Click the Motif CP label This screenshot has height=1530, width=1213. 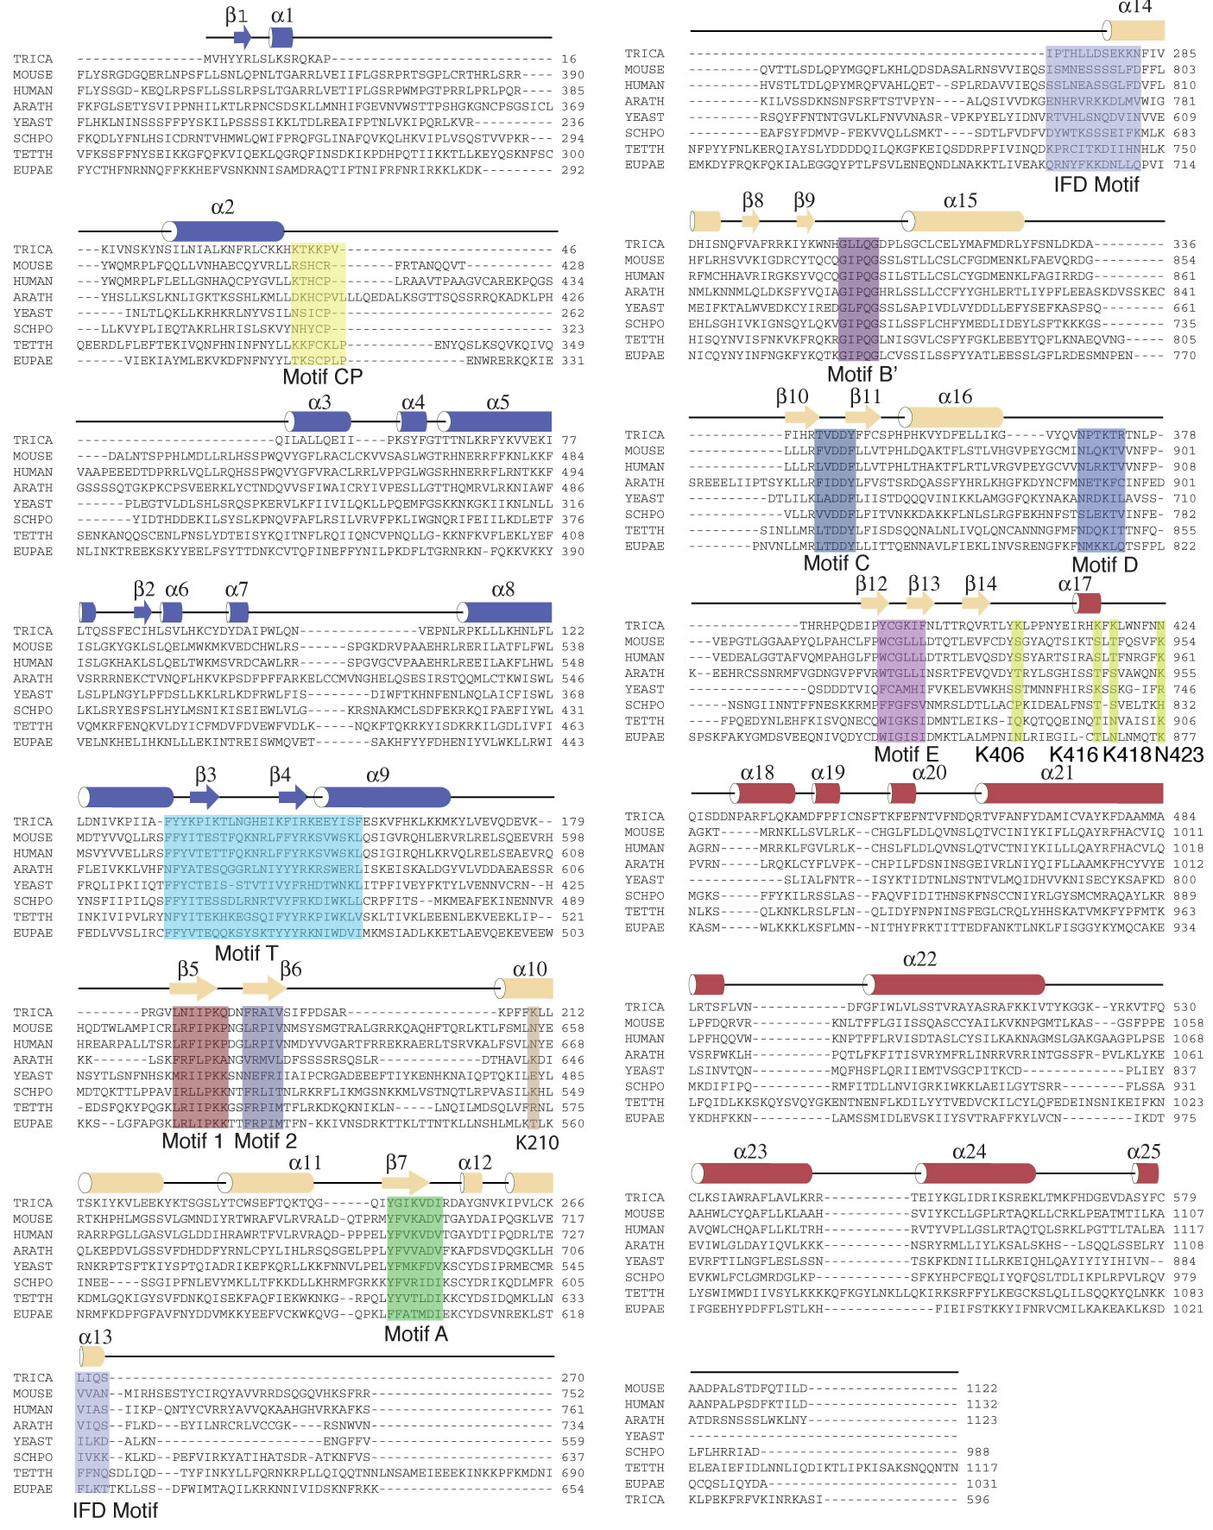pos(322,377)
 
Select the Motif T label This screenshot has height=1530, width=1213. pos(246,953)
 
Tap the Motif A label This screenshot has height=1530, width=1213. pos(415,1334)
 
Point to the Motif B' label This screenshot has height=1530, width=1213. pos(862,374)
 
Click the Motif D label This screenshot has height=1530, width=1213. pos(1104,565)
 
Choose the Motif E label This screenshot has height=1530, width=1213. pos(906,755)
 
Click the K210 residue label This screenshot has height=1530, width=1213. pos(537,1143)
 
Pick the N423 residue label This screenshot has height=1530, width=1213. pos(1178,755)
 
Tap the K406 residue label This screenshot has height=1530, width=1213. pos(999,755)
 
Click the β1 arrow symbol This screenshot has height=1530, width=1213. pos(242,37)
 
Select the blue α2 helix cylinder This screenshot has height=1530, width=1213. pos(224,231)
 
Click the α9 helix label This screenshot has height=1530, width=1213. pos(377,775)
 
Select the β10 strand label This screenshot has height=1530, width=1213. pos(792,396)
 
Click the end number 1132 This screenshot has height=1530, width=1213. pos(982,1404)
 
